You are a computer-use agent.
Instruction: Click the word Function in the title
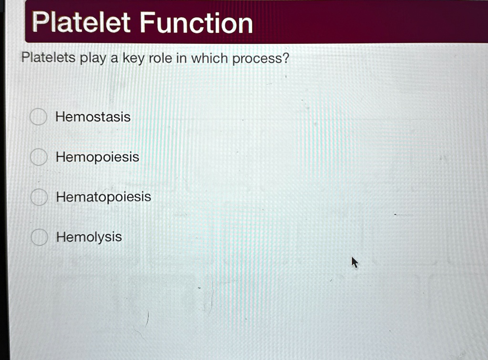(x=196, y=23)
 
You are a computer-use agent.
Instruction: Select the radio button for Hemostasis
(x=38, y=117)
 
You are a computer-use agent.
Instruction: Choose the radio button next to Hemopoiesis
(x=39, y=157)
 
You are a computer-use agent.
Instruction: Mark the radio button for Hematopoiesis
(x=39, y=197)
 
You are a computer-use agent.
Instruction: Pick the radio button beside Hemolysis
(x=39, y=237)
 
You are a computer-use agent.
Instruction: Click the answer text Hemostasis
(x=93, y=117)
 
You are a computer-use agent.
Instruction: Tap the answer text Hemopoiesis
(x=97, y=157)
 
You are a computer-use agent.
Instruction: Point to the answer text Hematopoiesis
(x=103, y=197)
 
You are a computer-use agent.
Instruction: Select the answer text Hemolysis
(x=89, y=237)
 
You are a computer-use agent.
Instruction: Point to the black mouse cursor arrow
(x=354, y=261)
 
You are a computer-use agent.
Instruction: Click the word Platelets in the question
(x=48, y=58)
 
